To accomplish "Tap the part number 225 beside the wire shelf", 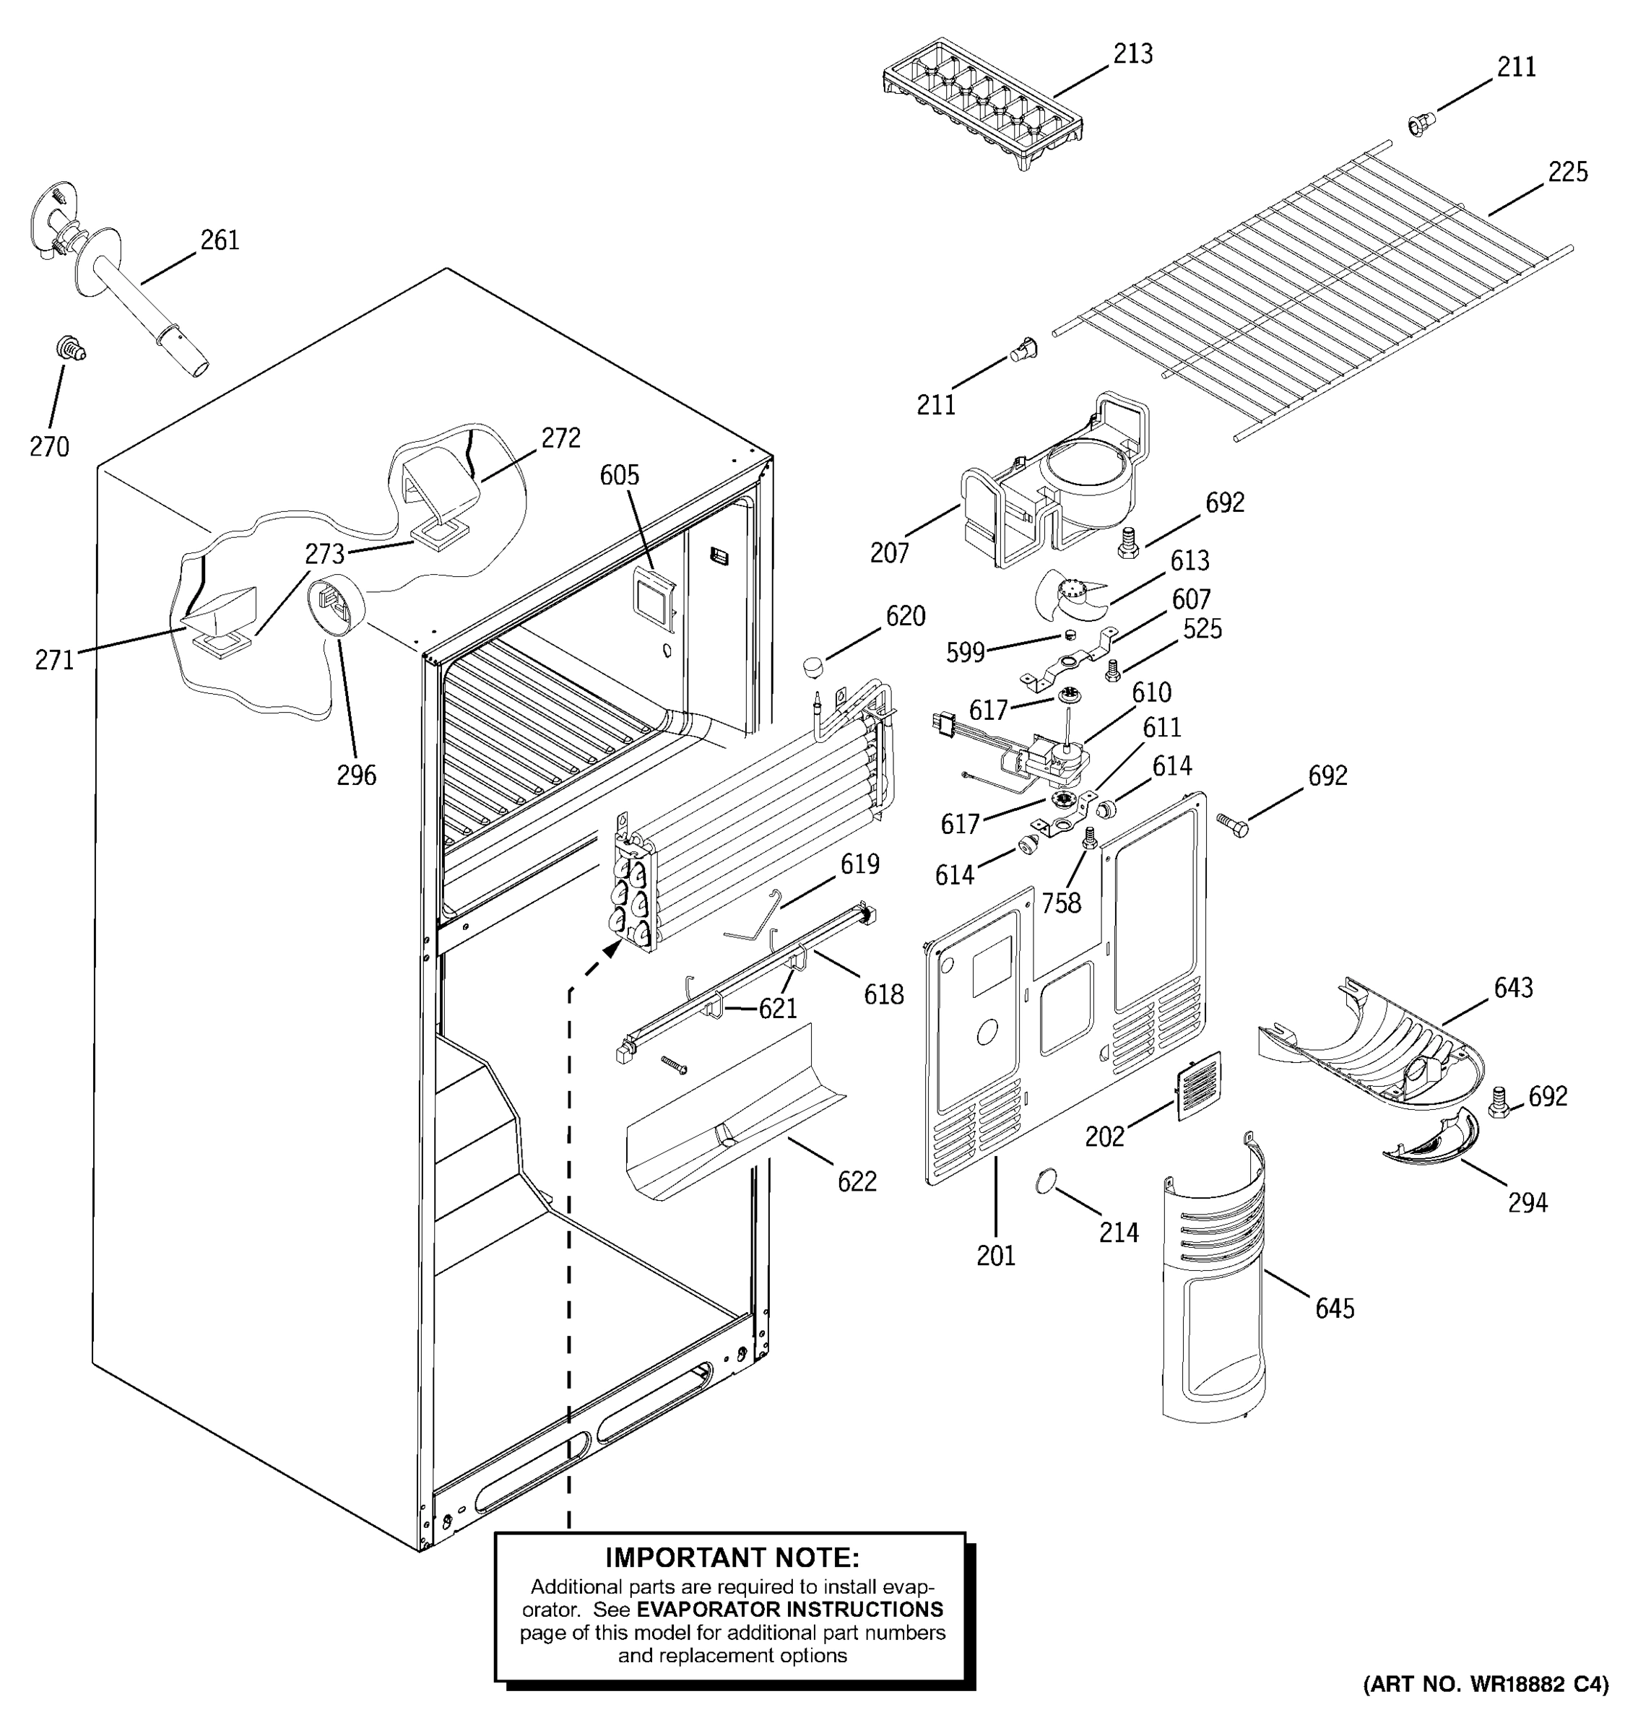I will [1567, 173].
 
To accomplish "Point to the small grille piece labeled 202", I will [1199, 1085].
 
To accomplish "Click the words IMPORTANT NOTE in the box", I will [732, 1557].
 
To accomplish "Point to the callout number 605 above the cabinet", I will [619, 475].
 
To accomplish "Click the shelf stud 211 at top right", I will [1418, 125].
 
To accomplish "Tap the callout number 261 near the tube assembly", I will [220, 240].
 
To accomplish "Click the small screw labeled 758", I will [1089, 838].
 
